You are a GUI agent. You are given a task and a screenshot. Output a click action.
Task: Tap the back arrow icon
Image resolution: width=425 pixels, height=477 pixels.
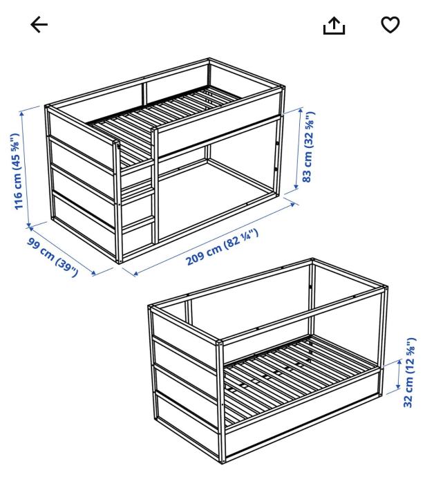click(x=39, y=25)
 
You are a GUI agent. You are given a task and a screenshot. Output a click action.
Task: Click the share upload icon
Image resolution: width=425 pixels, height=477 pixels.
click(x=334, y=26)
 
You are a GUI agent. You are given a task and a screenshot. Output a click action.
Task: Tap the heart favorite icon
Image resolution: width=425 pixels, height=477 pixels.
click(x=390, y=25)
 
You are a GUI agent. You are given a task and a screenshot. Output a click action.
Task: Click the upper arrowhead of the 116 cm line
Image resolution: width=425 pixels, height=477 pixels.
click(x=21, y=114)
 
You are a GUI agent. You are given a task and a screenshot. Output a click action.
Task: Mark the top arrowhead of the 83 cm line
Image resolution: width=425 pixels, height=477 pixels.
click(x=301, y=111)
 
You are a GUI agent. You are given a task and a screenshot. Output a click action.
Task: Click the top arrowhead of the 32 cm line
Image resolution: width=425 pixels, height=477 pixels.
click(x=399, y=363)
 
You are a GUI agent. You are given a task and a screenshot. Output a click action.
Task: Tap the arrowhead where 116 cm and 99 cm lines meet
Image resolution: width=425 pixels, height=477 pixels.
click(x=29, y=226)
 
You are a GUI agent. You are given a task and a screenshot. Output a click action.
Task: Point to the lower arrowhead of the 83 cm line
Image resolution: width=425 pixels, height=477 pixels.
click(x=296, y=187)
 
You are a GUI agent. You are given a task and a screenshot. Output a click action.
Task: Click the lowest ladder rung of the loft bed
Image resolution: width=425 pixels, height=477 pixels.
click(x=138, y=223)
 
